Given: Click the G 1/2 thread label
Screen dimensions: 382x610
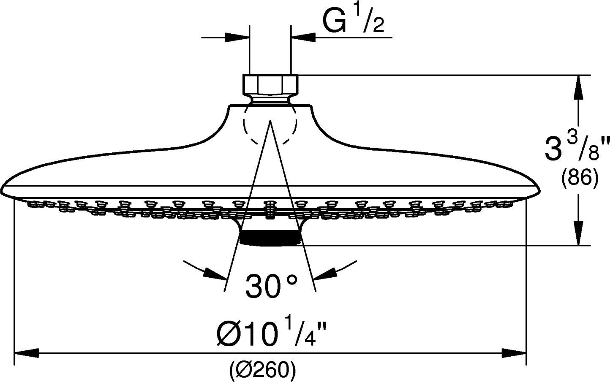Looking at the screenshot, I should [354, 21].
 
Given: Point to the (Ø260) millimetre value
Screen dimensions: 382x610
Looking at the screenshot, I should [262, 371].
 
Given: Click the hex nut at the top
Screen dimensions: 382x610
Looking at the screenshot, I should [271, 84].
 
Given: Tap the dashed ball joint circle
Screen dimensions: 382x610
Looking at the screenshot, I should [270, 125].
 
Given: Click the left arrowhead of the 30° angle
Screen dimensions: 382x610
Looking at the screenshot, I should [214, 274].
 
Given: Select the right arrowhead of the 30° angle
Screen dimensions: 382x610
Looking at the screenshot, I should [325, 274].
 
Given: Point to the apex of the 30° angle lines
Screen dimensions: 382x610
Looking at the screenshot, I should [270, 120].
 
